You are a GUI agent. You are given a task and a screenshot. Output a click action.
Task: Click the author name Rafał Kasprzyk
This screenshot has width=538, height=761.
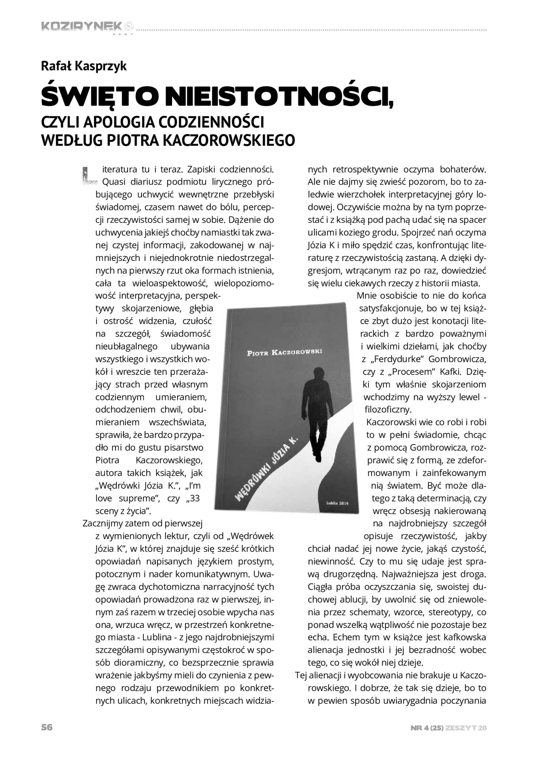pyautogui.click(x=84, y=66)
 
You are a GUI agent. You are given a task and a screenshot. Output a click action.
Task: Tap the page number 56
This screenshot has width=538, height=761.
pyautogui.click(x=47, y=727)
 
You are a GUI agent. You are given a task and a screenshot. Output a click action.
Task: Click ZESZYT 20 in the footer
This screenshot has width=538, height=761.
pyautogui.click(x=466, y=728)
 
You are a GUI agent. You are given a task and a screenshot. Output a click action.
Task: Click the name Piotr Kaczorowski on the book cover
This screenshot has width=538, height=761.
pyautogui.click(x=284, y=352)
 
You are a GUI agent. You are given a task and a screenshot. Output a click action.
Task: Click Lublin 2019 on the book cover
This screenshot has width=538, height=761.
pyautogui.click(x=337, y=503)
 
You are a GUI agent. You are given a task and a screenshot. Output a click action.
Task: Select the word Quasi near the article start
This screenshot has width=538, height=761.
pyautogui.click(x=113, y=182)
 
